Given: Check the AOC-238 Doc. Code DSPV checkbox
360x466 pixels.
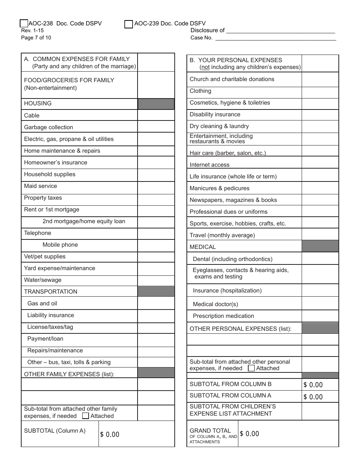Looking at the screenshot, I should [x=23, y=24].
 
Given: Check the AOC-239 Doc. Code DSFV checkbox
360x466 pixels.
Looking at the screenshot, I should [x=128, y=24].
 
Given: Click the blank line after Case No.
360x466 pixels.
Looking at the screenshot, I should [x=275, y=38].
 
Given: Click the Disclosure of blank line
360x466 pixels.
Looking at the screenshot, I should [x=280, y=31].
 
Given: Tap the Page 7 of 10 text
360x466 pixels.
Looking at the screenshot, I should [x=36, y=38].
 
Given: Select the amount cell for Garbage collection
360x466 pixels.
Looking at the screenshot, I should [x=156, y=127].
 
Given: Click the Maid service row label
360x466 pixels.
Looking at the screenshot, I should [x=41, y=186].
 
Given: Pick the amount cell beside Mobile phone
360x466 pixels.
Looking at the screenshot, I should [x=156, y=245].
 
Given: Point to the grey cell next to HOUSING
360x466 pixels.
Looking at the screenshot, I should [x=156, y=104].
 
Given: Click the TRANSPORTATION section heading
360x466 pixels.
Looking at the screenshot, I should [x=51, y=292].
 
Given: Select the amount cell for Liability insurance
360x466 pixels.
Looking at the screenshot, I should [x=156, y=315].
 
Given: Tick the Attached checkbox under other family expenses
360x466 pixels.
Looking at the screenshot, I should [x=86, y=416].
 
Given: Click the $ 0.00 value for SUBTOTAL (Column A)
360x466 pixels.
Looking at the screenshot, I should [x=110, y=435].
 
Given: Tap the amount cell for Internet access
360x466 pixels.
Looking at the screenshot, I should [x=320, y=163].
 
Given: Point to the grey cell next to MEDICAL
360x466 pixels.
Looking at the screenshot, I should [x=320, y=246].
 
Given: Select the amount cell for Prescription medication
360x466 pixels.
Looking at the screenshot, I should [x=320, y=316].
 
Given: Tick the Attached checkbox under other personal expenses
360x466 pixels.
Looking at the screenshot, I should [x=251, y=368].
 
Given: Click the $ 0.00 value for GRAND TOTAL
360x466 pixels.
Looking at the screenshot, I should [x=250, y=434].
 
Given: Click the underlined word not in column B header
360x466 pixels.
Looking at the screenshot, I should [x=205, y=67].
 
